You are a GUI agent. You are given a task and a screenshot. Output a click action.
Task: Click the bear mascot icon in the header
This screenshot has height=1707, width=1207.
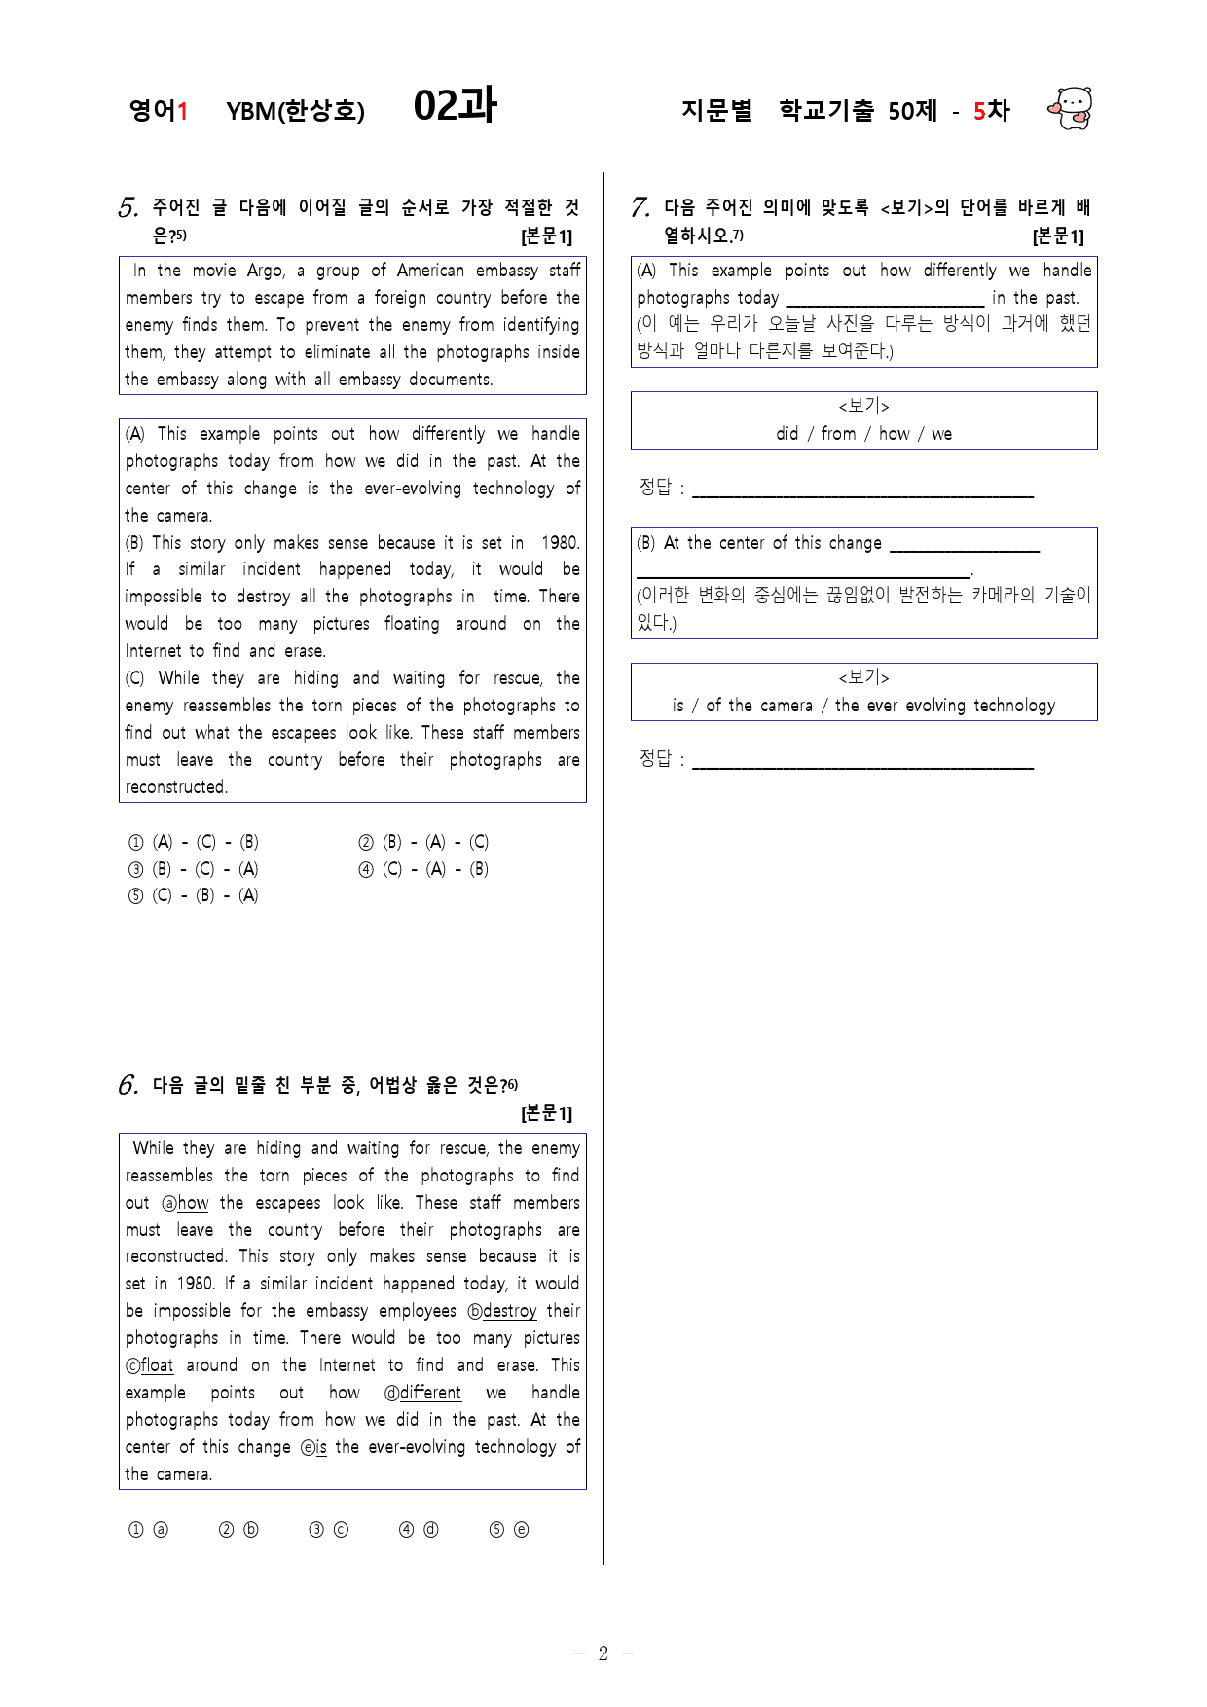1071,108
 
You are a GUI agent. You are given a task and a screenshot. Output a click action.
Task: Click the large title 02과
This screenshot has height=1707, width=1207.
455,106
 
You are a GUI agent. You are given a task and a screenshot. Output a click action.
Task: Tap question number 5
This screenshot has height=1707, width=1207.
128,207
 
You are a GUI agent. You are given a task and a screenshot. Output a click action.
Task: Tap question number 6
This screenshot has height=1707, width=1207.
128,1085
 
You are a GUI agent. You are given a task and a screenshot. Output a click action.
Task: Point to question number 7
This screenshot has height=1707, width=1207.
640,207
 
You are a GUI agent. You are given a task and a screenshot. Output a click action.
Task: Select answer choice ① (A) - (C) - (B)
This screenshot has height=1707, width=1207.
194,842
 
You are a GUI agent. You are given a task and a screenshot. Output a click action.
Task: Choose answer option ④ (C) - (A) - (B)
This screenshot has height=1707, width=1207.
423,869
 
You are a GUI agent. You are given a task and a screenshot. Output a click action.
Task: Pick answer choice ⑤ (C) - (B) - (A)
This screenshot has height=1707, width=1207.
194,895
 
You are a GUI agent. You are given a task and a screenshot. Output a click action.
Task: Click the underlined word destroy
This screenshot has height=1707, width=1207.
509,1311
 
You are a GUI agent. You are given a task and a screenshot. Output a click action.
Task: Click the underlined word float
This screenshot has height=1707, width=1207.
157,1365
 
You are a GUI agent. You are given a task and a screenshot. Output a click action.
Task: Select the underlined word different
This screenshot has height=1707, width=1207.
430,1393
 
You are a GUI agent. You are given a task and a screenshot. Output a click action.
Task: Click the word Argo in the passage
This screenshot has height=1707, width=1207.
265,271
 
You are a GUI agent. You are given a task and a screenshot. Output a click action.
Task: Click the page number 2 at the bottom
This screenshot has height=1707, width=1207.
603,1653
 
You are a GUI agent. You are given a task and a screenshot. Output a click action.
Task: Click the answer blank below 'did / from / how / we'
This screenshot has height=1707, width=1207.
862,489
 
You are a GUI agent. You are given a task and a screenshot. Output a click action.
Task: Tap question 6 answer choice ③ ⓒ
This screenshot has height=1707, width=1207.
328,1530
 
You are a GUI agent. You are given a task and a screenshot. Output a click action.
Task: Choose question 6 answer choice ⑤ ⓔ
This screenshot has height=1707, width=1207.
509,1530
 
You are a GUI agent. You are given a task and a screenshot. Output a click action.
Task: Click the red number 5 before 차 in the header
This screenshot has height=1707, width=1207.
979,111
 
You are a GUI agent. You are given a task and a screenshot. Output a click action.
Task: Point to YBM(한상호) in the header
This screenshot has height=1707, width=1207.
295,111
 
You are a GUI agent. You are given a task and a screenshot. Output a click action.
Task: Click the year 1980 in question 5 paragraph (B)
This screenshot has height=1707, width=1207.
560,543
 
